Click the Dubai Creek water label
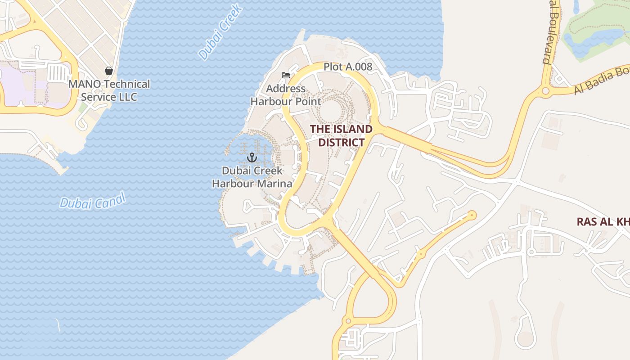220,32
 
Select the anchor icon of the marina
252,157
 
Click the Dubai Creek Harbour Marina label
252,177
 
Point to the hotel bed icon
285,75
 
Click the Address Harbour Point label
286,95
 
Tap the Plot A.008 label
348,67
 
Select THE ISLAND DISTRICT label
341,135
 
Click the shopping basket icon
108,71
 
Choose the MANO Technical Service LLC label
109,90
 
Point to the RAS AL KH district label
603,222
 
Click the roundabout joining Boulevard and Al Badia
545,91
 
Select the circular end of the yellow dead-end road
472,216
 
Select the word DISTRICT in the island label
341,142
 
